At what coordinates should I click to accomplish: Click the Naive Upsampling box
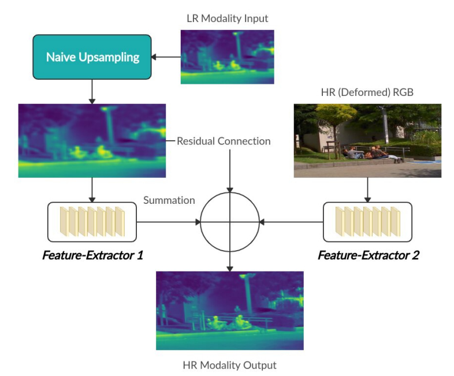(93, 57)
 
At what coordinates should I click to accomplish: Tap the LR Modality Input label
(228, 18)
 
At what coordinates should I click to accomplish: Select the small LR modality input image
(228, 57)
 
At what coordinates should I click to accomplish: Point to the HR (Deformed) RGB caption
(368, 93)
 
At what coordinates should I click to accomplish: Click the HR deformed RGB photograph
(367, 140)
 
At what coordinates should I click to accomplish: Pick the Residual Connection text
(224, 141)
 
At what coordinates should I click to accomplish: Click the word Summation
(169, 200)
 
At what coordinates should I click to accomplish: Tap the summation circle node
(230, 222)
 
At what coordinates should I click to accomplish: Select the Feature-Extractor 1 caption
(92, 254)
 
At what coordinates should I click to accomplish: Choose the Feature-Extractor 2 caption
(368, 254)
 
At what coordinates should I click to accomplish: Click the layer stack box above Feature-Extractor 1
(92, 222)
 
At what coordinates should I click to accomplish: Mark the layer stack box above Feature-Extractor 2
(367, 222)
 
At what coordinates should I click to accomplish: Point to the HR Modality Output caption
(229, 365)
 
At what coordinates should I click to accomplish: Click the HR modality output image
(229, 310)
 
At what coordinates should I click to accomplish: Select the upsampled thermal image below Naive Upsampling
(92, 140)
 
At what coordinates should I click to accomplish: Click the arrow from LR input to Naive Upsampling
(166, 57)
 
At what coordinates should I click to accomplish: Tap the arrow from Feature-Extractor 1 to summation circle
(168, 222)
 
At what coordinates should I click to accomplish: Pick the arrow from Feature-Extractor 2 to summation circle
(291, 222)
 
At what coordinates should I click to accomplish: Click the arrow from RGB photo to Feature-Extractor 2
(368, 189)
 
